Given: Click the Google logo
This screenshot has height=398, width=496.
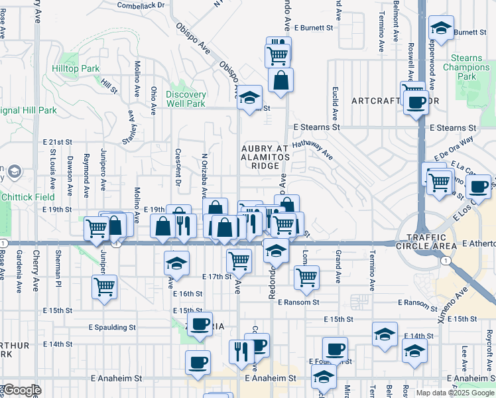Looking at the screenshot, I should (x=21, y=390).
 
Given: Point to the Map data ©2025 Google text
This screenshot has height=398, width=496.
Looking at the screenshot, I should (x=455, y=393).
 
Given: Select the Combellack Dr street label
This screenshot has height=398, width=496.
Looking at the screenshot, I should (x=140, y=5).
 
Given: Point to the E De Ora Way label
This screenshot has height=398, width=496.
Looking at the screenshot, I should (x=454, y=149).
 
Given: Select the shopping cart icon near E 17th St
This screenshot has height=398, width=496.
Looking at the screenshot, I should (x=239, y=259).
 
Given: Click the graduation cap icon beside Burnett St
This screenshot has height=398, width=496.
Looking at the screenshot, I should (x=440, y=28).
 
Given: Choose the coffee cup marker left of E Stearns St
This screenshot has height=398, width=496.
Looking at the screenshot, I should (x=416, y=103).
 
